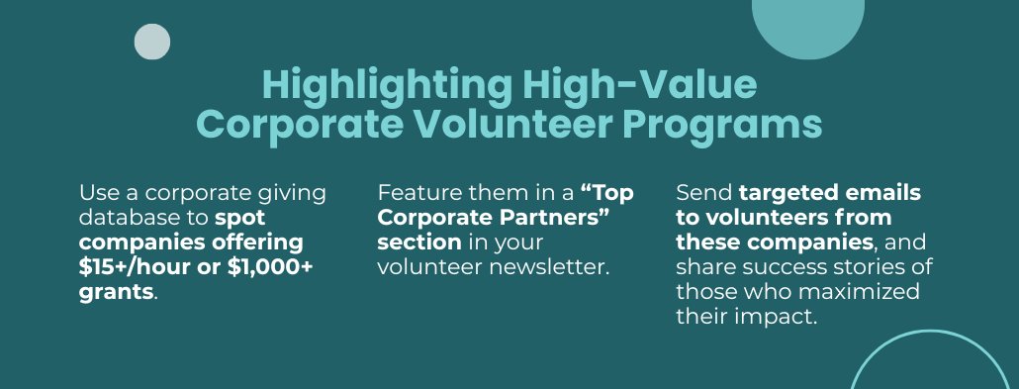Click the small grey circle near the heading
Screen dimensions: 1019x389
point(152,42)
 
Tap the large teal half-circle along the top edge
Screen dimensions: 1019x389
point(808,26)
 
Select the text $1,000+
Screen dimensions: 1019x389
point(270,266)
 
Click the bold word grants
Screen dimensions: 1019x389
point(117,292)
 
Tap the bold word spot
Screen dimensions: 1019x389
point(240,219)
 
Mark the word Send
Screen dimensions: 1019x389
point(703,193)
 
